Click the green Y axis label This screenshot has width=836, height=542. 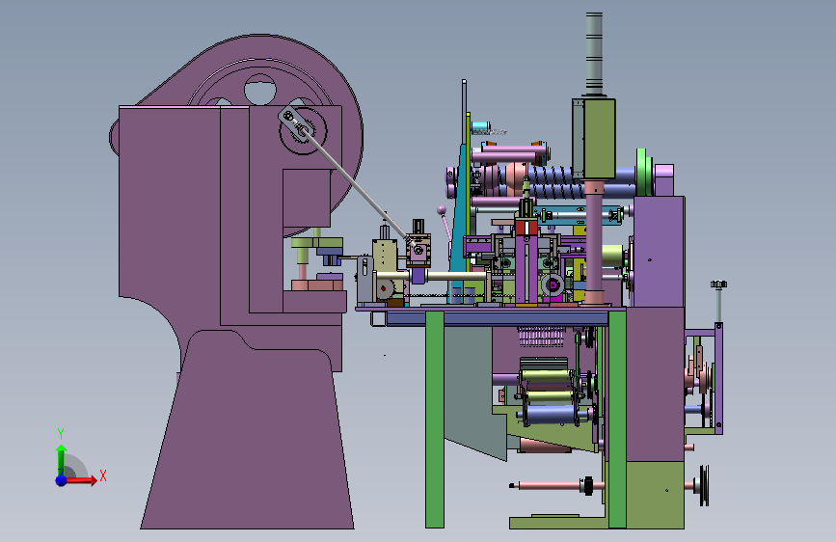pyautogui.click(x=61, y=433)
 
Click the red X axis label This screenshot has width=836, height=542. pyautogui.click(x=103, y=475)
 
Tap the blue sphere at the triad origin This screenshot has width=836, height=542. pyautogui.click(x=62, y=480)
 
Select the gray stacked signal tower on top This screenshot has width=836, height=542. pyautogui.click(x=595, y=53)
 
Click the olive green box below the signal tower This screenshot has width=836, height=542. pyautogui.click(x=594, y=138)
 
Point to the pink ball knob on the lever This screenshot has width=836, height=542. pyautogui.click(x=442, y=210)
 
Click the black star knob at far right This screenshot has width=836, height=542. pyautogui.click(x=718, y=285)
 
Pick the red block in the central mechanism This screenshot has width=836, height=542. pyautogui.click(x=526, y=228)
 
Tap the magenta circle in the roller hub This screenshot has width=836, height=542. pyautogui.click(x=553, y=285)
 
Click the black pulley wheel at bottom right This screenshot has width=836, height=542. pyautogui.click(x=704, y=485)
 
